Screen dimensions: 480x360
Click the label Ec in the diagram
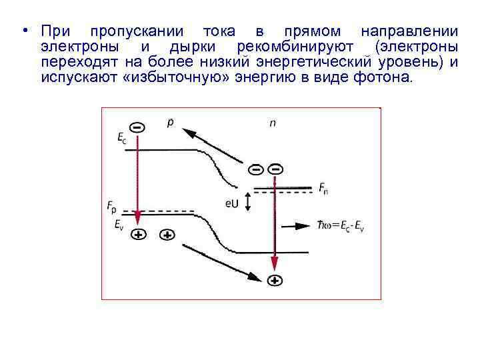coord(121,138)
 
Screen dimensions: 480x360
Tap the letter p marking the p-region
coord(170,123)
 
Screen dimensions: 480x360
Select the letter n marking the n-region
coord(273,123)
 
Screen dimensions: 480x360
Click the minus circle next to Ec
coord(136,126)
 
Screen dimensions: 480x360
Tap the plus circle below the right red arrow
coord(275,281)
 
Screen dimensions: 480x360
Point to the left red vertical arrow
coord(137,180)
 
